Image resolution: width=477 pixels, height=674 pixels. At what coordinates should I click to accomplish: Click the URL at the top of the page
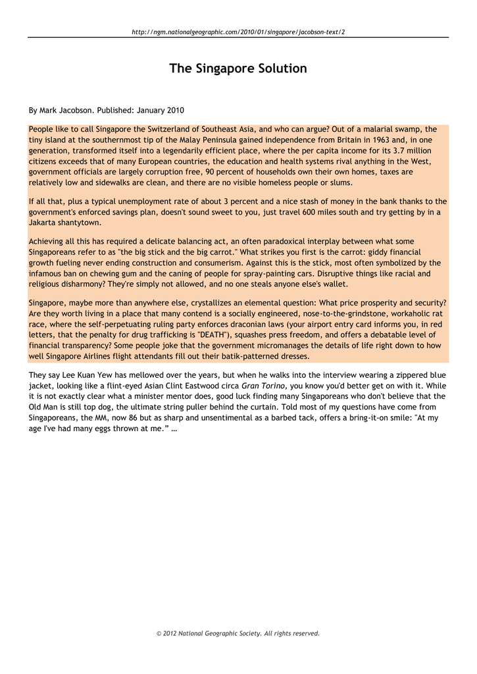[238, 32]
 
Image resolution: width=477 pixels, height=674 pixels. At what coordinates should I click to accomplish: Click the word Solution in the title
[278, 68]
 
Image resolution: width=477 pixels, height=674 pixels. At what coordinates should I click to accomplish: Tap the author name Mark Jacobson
[66, 110]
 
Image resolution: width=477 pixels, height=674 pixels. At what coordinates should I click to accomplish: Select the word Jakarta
[43, 222]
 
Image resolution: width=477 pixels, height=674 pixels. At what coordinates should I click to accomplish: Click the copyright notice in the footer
[238, 633]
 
